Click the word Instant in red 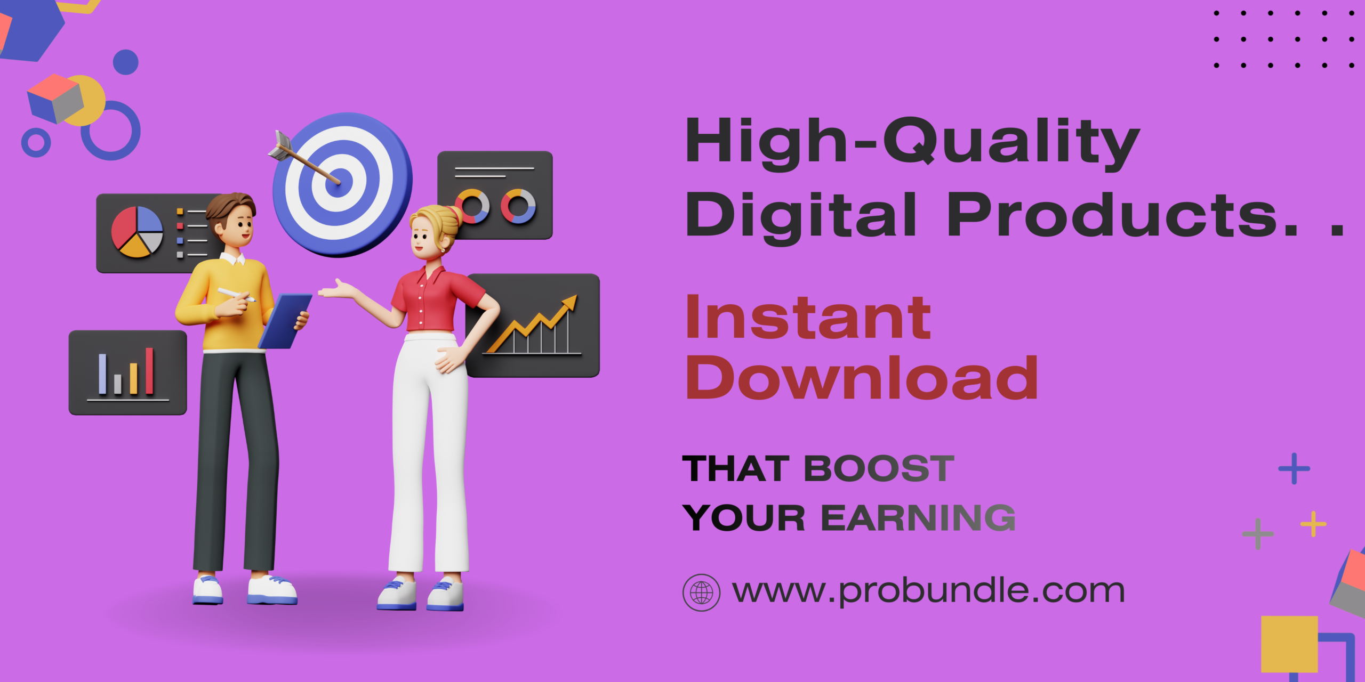pos(808,318)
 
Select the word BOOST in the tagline pos(879,469)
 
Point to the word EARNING pos(918,518)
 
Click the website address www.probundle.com pos(928,591)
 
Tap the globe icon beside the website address pos(701,592)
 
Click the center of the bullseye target pos(339,182)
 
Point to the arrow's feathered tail pos(280,145)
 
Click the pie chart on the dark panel pos(137,232)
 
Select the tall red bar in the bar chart pos(149,371)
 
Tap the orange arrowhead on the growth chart pos(568,303)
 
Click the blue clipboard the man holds pos(285,321)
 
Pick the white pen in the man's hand pos(236,295)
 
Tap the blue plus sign pos(1294,469)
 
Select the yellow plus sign pos(1313,524)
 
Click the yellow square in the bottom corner pos(1289,644)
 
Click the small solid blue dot pos(126,62)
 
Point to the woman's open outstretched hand pos(337,289)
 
